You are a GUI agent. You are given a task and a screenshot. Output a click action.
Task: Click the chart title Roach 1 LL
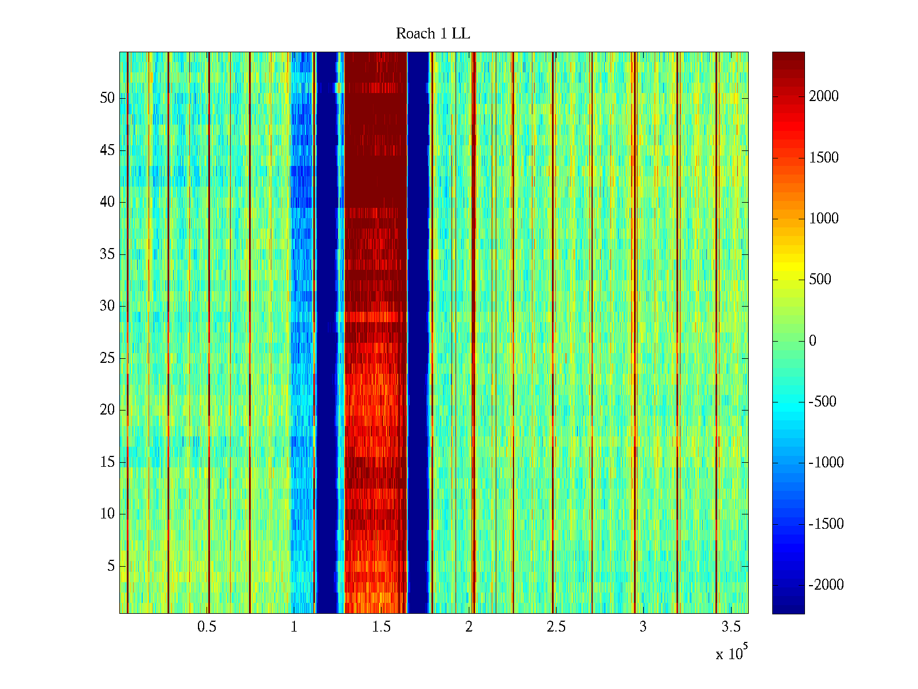[x=433, y=34]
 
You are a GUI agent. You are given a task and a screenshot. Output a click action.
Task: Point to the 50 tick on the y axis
[x=107, y=98]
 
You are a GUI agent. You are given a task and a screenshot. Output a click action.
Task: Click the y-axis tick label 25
[x=107, y=358]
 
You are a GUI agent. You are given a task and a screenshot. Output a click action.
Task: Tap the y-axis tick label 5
[x=111, y=566]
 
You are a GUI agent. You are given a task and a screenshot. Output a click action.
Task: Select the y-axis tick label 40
[x=107, y=202]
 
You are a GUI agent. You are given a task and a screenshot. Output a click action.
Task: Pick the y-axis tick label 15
[x=107, y=462]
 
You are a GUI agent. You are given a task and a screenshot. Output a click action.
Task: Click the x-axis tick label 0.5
[x=207, y=627]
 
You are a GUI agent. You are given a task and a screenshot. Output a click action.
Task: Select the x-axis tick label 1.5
[x=381, y=627]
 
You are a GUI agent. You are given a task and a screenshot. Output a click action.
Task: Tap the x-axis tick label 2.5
[x=556, y=627]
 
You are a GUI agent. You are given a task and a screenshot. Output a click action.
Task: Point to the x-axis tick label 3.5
[x=730, y=627]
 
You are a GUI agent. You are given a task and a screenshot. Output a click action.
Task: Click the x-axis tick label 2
[x=469, y=627]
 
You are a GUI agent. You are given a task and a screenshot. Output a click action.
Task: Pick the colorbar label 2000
[x=824, y=96]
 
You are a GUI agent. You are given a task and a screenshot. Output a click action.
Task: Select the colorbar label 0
[x=812, y=341]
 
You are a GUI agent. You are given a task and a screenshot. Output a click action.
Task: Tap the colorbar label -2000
[x=826, y=585]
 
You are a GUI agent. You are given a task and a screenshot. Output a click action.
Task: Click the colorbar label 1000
[x=824, y=219]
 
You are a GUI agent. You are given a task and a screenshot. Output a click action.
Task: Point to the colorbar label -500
[x=823, y=402]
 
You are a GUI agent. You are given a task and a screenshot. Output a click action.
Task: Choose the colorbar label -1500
[x=826, y=524]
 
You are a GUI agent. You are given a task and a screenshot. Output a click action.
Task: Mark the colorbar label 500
[x=820, y=280]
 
